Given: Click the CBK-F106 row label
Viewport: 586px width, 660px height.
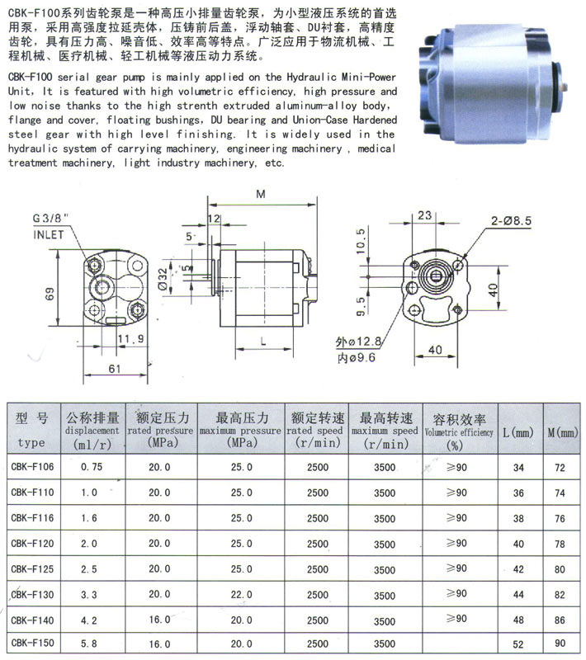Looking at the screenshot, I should click(x=34, y=467).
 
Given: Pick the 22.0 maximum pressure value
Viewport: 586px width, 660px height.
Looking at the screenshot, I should click(x=242, y=593).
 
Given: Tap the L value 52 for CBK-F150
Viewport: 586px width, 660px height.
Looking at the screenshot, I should click(x=518, y=642).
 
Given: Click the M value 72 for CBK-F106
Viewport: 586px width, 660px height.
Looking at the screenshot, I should click(x=560, y=468).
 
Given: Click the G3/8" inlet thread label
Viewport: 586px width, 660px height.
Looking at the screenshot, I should click(x=51, y=219).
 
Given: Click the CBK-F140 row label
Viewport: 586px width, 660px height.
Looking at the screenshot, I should click(x=34, y=617).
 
